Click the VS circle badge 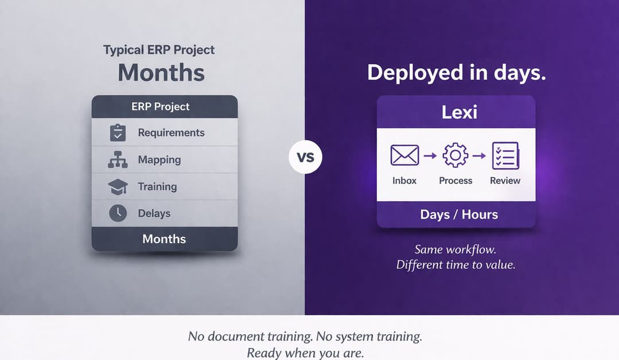click(x=305, y=156)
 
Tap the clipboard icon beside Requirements click(x=117, y=132)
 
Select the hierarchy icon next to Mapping click(x=117, y=160)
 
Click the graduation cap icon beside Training click(x=117, y=187)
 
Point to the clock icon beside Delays click(x=117, y=213)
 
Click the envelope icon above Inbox click(x=404, y=155)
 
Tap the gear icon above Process click(x=456, y=155)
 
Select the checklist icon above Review click(x=505, y=155)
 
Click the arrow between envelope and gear click(x=430, y=155)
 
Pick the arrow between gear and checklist click(x=480, y=155)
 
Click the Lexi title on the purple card click(x=459, y=112)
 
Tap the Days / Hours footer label click(x=459, y=214)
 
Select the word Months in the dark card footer click(x=164, y=238)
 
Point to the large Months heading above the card click(x=161, y=73)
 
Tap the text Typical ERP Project click(x=159, y=50)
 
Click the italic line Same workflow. click(x=456, y=250)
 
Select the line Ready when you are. click(x=305, y=353)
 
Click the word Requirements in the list click(x=171, y=132)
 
